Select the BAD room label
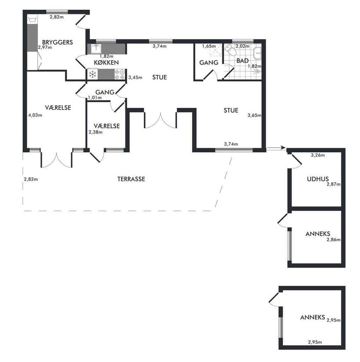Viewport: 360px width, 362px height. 242,60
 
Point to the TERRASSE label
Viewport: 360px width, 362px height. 131,179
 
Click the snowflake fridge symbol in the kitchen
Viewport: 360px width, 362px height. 92,74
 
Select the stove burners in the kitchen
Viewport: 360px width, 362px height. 120,74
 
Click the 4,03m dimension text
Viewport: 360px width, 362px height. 35,115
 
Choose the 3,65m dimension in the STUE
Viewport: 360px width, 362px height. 254,115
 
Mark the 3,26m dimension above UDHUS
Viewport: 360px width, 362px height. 318,154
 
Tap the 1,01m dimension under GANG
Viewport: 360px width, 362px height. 94,98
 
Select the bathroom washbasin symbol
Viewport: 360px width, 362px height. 257,54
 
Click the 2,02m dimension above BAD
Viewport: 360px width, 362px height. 241,46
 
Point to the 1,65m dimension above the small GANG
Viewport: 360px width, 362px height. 209,46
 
